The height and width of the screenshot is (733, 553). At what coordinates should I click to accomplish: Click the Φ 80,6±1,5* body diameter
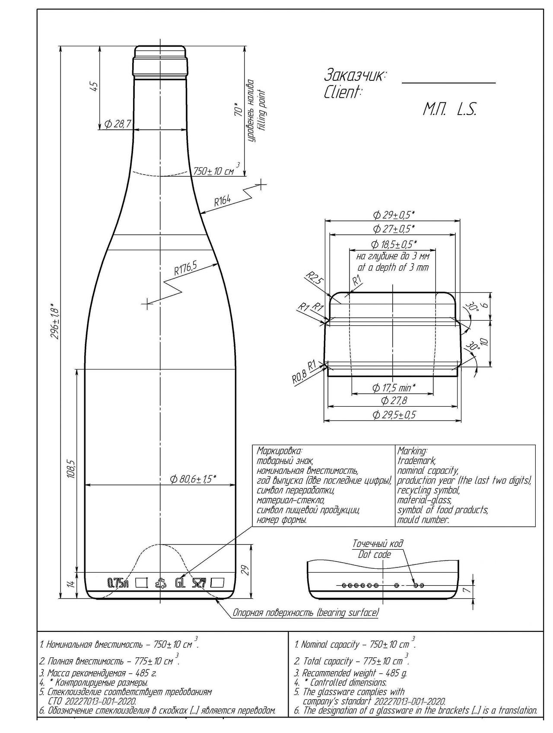[x=193, y=478]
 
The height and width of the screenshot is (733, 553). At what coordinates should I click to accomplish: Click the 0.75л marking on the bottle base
[x=118, y=583]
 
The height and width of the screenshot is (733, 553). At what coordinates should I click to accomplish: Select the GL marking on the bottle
[x=180, y=583]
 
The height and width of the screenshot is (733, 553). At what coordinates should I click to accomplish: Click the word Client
[x=343, y=92]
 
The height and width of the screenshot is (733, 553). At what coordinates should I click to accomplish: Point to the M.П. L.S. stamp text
[x=449, y=110]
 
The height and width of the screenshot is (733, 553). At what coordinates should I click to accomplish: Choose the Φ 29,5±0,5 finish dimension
[x=394, y=415]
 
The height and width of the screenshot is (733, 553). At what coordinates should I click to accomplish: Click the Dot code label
[x=374, y=555]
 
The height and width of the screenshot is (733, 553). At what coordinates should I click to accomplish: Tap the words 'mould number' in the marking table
[x=423, y=520]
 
